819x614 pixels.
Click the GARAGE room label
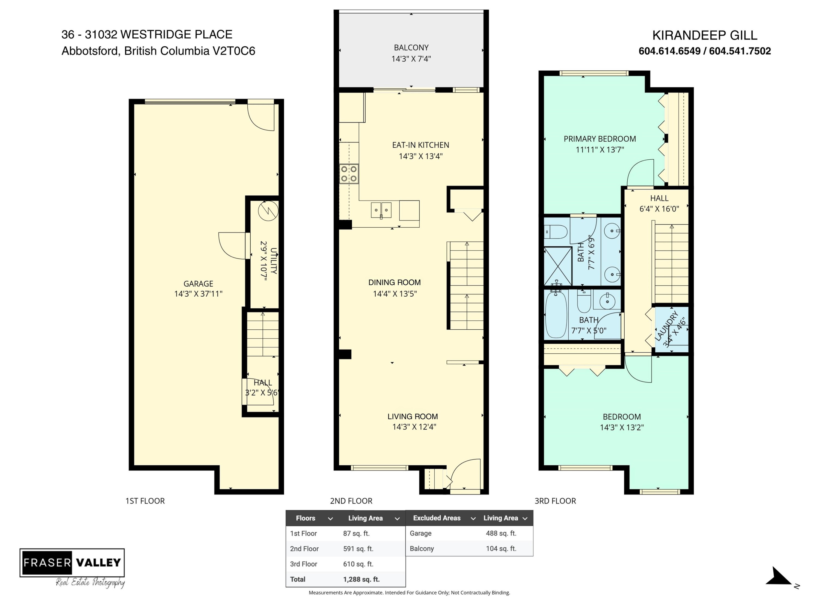[198, 284]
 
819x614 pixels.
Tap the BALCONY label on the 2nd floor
[411, 48]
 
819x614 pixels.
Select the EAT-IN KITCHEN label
[421, 145]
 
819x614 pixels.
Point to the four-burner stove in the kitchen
[349, 174]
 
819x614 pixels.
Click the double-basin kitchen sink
[381, 210]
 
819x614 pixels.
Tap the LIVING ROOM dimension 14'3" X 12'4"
[414, 427]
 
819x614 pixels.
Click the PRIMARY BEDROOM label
[600, 139]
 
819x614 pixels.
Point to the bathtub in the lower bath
[556, 314]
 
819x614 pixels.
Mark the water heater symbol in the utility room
[268, 211]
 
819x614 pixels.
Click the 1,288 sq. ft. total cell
[361, 579]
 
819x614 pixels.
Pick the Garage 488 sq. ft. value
[501, 533]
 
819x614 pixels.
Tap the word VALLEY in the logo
[99, 562]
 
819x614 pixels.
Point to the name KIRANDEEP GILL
[705, 35]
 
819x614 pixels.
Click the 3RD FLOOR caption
[555, 501]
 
